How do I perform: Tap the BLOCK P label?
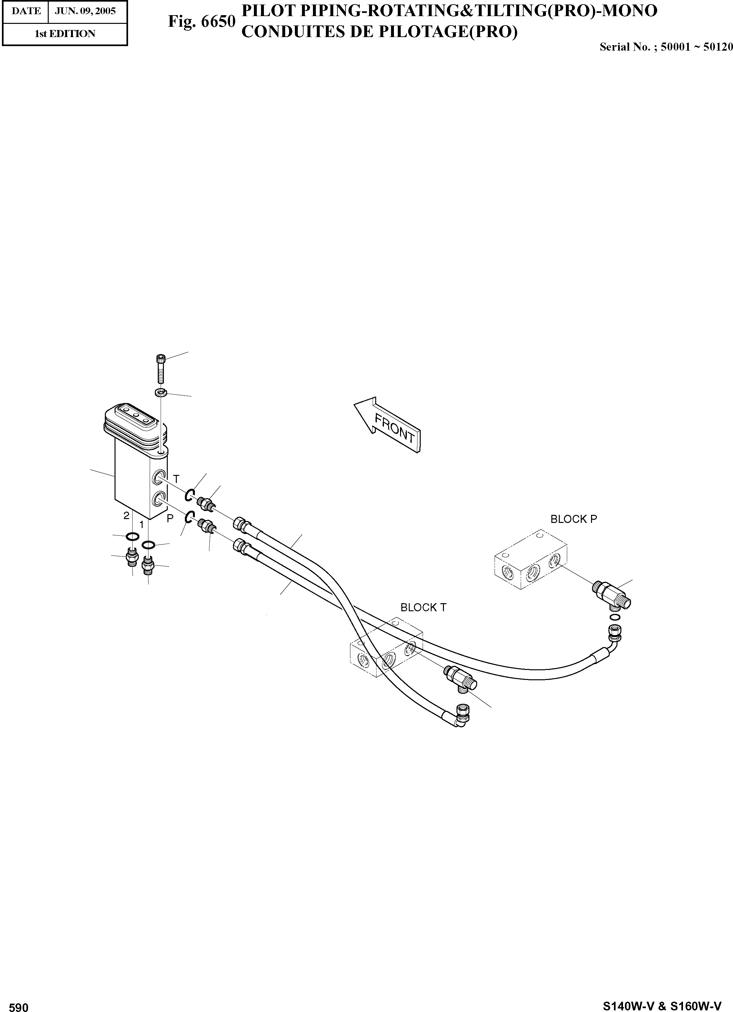tap(573, 519)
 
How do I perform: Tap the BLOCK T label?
tap(423, 608)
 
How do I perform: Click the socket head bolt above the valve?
tap(161, 368)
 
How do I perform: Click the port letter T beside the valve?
tap(176, 479)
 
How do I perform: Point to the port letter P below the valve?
tap(170, 518)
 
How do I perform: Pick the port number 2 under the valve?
tap(126, 516)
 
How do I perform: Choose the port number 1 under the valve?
tap(142, 525)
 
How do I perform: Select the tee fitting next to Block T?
tap(460, 680)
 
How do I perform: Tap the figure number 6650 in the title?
tap(201, 21)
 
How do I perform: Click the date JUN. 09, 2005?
tap(85, 11)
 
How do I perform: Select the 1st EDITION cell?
tap(65, 34)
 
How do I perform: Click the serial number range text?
tap(666, 47)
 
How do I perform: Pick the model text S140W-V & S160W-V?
tap(662, 1006)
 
